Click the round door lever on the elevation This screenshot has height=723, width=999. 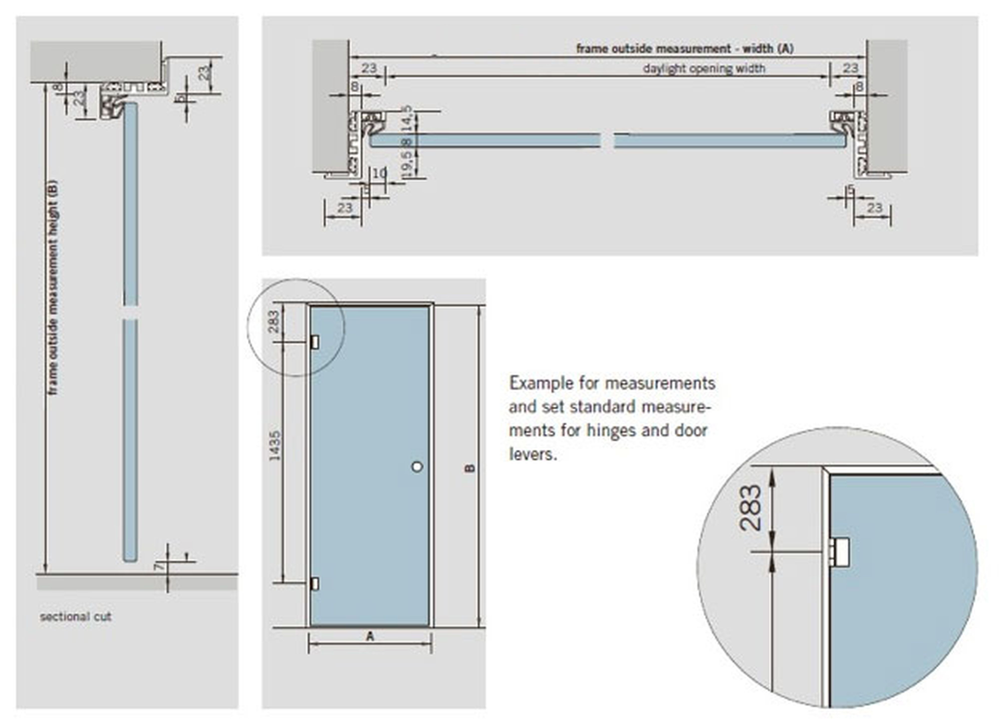click(417, 467)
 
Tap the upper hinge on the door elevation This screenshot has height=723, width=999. click(315, 342)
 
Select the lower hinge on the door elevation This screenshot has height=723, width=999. click(315, 584)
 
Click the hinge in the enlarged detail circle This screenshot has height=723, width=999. click(840, 552)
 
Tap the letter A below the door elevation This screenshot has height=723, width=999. click(370, 636)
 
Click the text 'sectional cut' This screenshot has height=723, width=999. click(76, 616)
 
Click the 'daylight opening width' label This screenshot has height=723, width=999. click(704, 69)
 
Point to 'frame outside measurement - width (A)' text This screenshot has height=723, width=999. click(685, 48)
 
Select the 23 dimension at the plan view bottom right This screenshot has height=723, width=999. click(874, 207)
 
